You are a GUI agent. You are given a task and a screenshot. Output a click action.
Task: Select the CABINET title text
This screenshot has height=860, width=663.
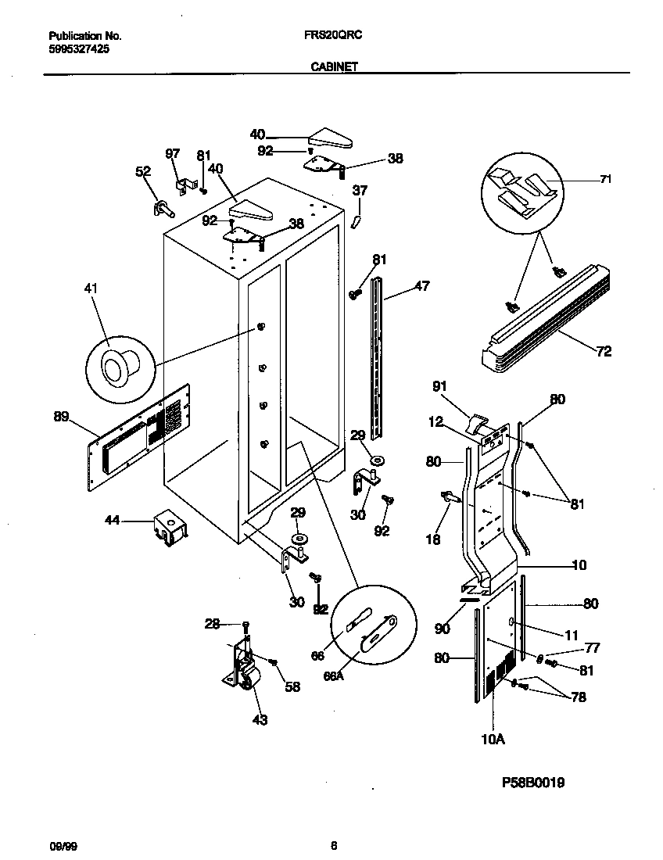coord(334,67)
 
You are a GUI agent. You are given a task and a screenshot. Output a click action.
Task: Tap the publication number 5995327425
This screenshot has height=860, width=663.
coord(79,48)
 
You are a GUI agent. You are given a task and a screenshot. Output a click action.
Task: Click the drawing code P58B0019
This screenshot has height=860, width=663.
coord(533,782)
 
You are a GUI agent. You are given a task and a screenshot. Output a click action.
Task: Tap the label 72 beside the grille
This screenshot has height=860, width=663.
coord(604,352)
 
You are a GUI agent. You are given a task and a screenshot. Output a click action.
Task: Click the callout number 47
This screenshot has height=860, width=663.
coord(422,287)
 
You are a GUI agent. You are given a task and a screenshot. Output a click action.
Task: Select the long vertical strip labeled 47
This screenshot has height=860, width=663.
coord(381,360)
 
